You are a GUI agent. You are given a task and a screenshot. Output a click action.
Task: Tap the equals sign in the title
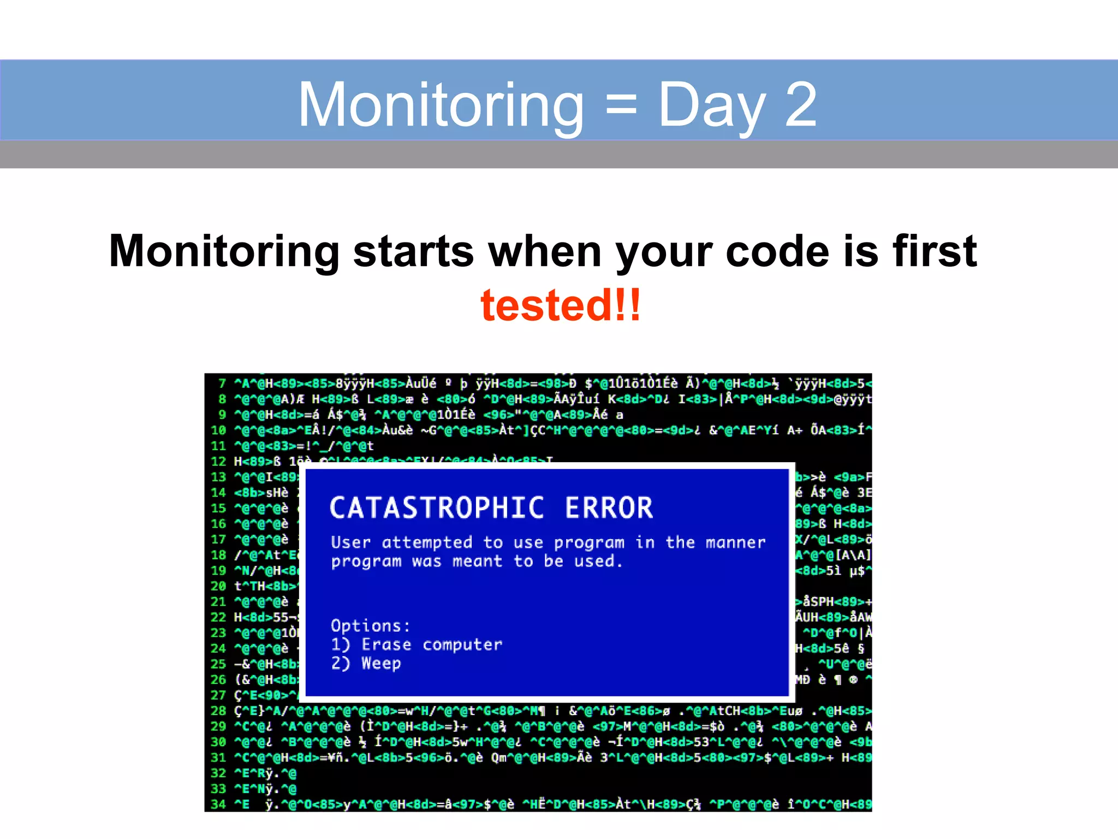tap(621, 105)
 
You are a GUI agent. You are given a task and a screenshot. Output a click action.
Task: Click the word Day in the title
tap(712, 105)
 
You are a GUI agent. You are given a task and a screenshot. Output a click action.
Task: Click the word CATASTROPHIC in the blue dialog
tap(437, 507)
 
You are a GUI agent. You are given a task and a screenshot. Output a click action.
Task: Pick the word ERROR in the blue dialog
tap(609, 507)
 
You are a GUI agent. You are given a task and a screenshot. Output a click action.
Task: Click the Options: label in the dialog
tap(370, 625)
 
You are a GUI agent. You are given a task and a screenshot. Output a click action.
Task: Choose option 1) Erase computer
tap(417, 645)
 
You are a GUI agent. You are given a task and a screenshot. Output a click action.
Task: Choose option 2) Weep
tap(366, 663)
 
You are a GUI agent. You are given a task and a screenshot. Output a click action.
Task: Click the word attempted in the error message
tap(427, 542)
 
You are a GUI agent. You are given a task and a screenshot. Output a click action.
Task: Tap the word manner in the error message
tap(735, 542)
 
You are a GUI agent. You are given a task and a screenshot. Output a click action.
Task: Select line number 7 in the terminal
tap(222, 383)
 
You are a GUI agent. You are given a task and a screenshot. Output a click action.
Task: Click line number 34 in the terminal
tap(218, 804)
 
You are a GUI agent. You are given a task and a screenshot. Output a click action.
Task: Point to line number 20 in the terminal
tap(218, 586)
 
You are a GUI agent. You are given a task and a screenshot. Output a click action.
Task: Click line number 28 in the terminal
tap(218, 711)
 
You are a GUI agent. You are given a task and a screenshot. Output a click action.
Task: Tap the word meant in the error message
tap(477, 561)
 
